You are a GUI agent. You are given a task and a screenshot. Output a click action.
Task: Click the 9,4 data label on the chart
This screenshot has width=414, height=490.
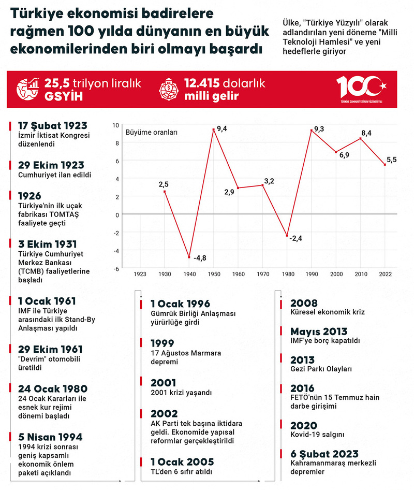(222, 128)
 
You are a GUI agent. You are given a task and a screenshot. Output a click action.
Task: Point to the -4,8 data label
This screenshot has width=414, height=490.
(200, 257)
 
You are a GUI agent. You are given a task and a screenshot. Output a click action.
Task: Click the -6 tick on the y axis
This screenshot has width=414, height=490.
(117, 268)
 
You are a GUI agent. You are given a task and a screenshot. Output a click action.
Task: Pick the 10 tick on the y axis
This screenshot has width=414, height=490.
(116, 125)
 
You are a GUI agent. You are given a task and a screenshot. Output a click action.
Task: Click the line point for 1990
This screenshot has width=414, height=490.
(311, 130)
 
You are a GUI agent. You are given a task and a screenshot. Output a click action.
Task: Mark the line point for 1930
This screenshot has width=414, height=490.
(165, 192)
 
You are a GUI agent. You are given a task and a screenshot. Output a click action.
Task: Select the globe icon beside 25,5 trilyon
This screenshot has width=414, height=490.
(28, 89)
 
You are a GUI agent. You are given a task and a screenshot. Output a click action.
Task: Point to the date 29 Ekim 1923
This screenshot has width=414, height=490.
(51, 165)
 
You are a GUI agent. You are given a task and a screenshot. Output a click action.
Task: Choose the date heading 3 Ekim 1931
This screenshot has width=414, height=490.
(47, 244)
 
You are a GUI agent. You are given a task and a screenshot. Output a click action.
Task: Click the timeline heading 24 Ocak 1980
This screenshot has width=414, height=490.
(52, 388)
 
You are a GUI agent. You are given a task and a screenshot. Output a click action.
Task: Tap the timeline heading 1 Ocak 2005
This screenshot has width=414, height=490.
(182, 462)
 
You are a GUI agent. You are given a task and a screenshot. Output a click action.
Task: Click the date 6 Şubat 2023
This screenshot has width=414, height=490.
(324, 454)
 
